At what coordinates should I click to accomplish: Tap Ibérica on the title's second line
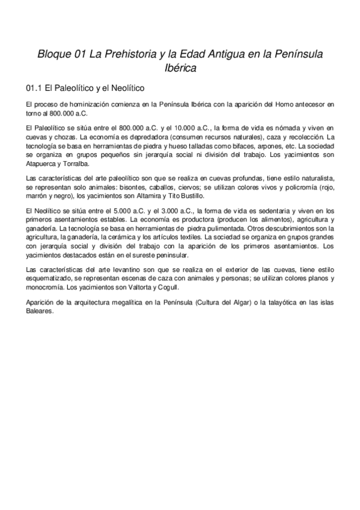point(180,69)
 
